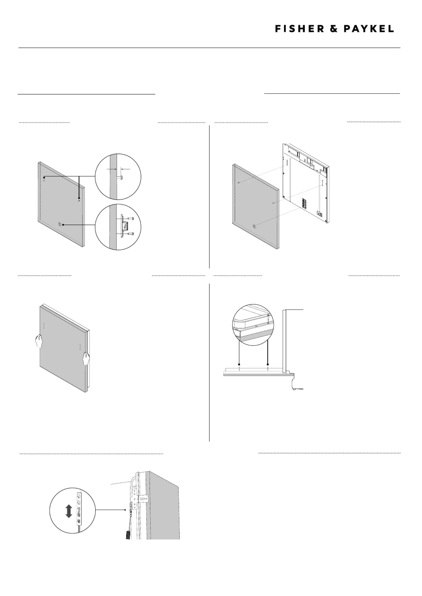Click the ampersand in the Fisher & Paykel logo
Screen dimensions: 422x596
[x=334, y=29]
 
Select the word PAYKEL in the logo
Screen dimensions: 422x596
[x=369, y=29]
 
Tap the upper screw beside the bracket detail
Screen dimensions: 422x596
[x=130, y=219]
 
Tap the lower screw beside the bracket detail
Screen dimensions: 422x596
[x=130, y=234]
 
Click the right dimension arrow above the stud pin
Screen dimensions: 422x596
[x=126, y=169]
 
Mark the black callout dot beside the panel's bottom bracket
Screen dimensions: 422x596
[x=63, y=225]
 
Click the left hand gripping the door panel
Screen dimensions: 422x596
[x=39, y=341]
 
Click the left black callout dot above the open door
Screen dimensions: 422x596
[x=239, y=364]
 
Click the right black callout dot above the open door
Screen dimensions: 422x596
[x=268, y=364]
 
